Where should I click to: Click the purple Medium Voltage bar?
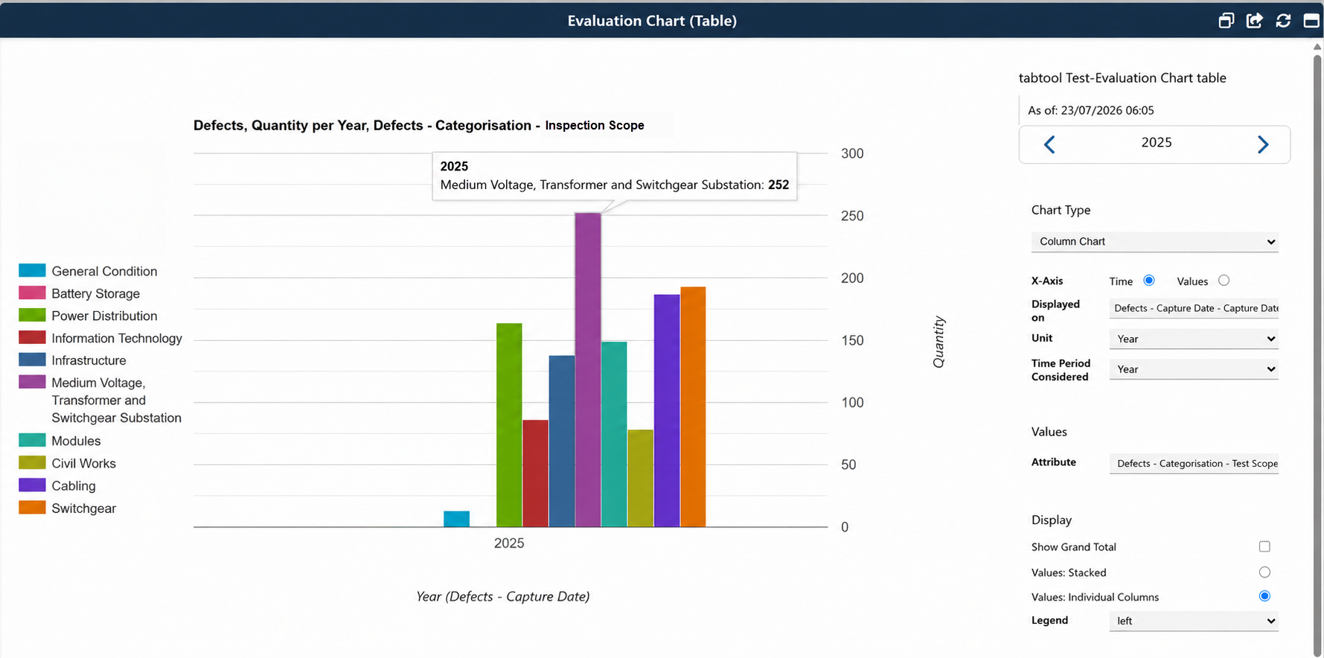point(588,370)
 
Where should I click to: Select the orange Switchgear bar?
point(693,407)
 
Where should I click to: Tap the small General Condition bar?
point(456,519)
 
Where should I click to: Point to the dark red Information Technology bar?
point(535,473)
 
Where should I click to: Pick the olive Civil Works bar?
point(640,479)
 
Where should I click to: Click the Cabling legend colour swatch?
point(32,485)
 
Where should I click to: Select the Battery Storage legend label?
point(95,294)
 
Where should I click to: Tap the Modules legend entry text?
point(76,441)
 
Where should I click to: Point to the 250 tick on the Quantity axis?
point(852,216)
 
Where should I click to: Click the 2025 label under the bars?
point(509,543)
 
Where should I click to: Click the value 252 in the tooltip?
point(778,185)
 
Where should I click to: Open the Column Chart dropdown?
point(1154,242)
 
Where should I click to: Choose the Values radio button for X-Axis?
point(1224,281)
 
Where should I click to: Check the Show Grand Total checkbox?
point(1264,546)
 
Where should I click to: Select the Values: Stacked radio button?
point(1264,572)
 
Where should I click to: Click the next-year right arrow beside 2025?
point(1263,144)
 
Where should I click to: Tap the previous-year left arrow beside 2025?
point(1049,144)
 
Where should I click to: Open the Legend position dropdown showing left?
point(1194,621)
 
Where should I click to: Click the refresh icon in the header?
point(1283,21)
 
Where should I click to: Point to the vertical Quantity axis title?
point(939,342)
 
